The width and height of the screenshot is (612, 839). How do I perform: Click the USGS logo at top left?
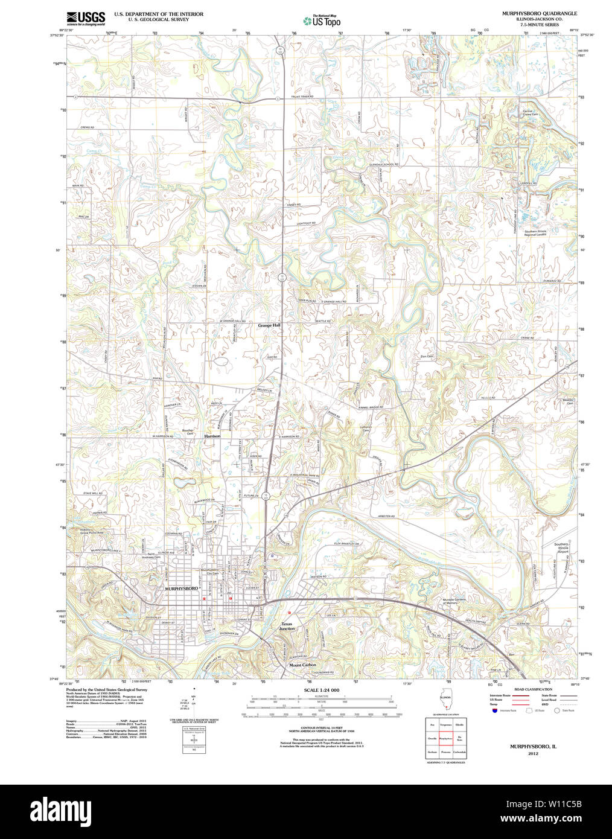[x=85, y=17]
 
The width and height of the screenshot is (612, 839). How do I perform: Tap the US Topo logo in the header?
[x=322, y=21]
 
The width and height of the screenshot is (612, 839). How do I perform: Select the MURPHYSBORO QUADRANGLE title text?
[x=539, y=13]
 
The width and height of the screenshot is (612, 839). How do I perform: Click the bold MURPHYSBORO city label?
[x=181, y=588]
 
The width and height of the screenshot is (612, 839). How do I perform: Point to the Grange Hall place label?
[x=269, y=325]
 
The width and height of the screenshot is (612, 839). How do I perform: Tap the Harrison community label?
[x=212, y=436]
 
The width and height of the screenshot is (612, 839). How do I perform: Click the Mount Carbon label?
[x=302, y=665]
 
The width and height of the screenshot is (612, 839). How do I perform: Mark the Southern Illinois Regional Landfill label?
[x=535, y=233]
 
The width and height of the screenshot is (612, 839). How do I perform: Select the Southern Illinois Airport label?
[x=561, y=547]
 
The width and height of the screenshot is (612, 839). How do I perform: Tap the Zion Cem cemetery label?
[x=427, y=357]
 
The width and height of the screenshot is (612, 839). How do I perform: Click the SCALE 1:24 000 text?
[x=321, y=690]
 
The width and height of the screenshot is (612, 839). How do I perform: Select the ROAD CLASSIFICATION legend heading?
[x=532, y=689]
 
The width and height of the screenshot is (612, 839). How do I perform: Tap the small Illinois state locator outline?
[x=445, y=700]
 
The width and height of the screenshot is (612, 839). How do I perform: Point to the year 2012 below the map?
[x=533, y=754]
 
